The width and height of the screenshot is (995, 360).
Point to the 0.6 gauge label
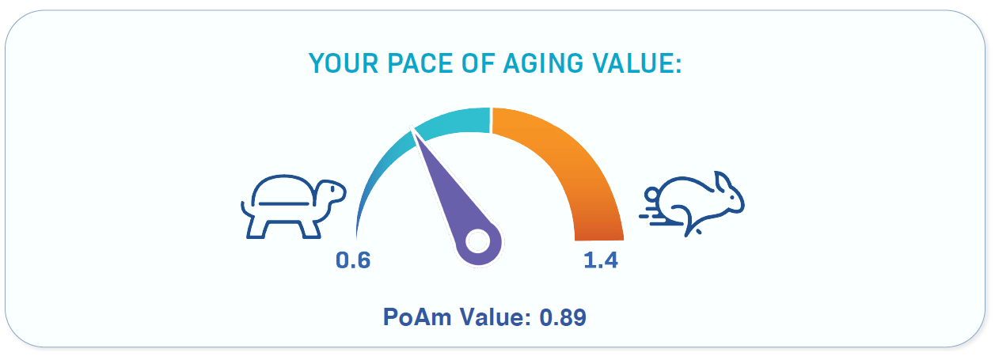point(353,260)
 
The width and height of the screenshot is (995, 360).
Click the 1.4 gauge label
point(600,260)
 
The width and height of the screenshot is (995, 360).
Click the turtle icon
point(293,207)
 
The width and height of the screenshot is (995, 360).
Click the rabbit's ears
point(725,184)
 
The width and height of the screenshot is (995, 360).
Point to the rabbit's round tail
point(652,195)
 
